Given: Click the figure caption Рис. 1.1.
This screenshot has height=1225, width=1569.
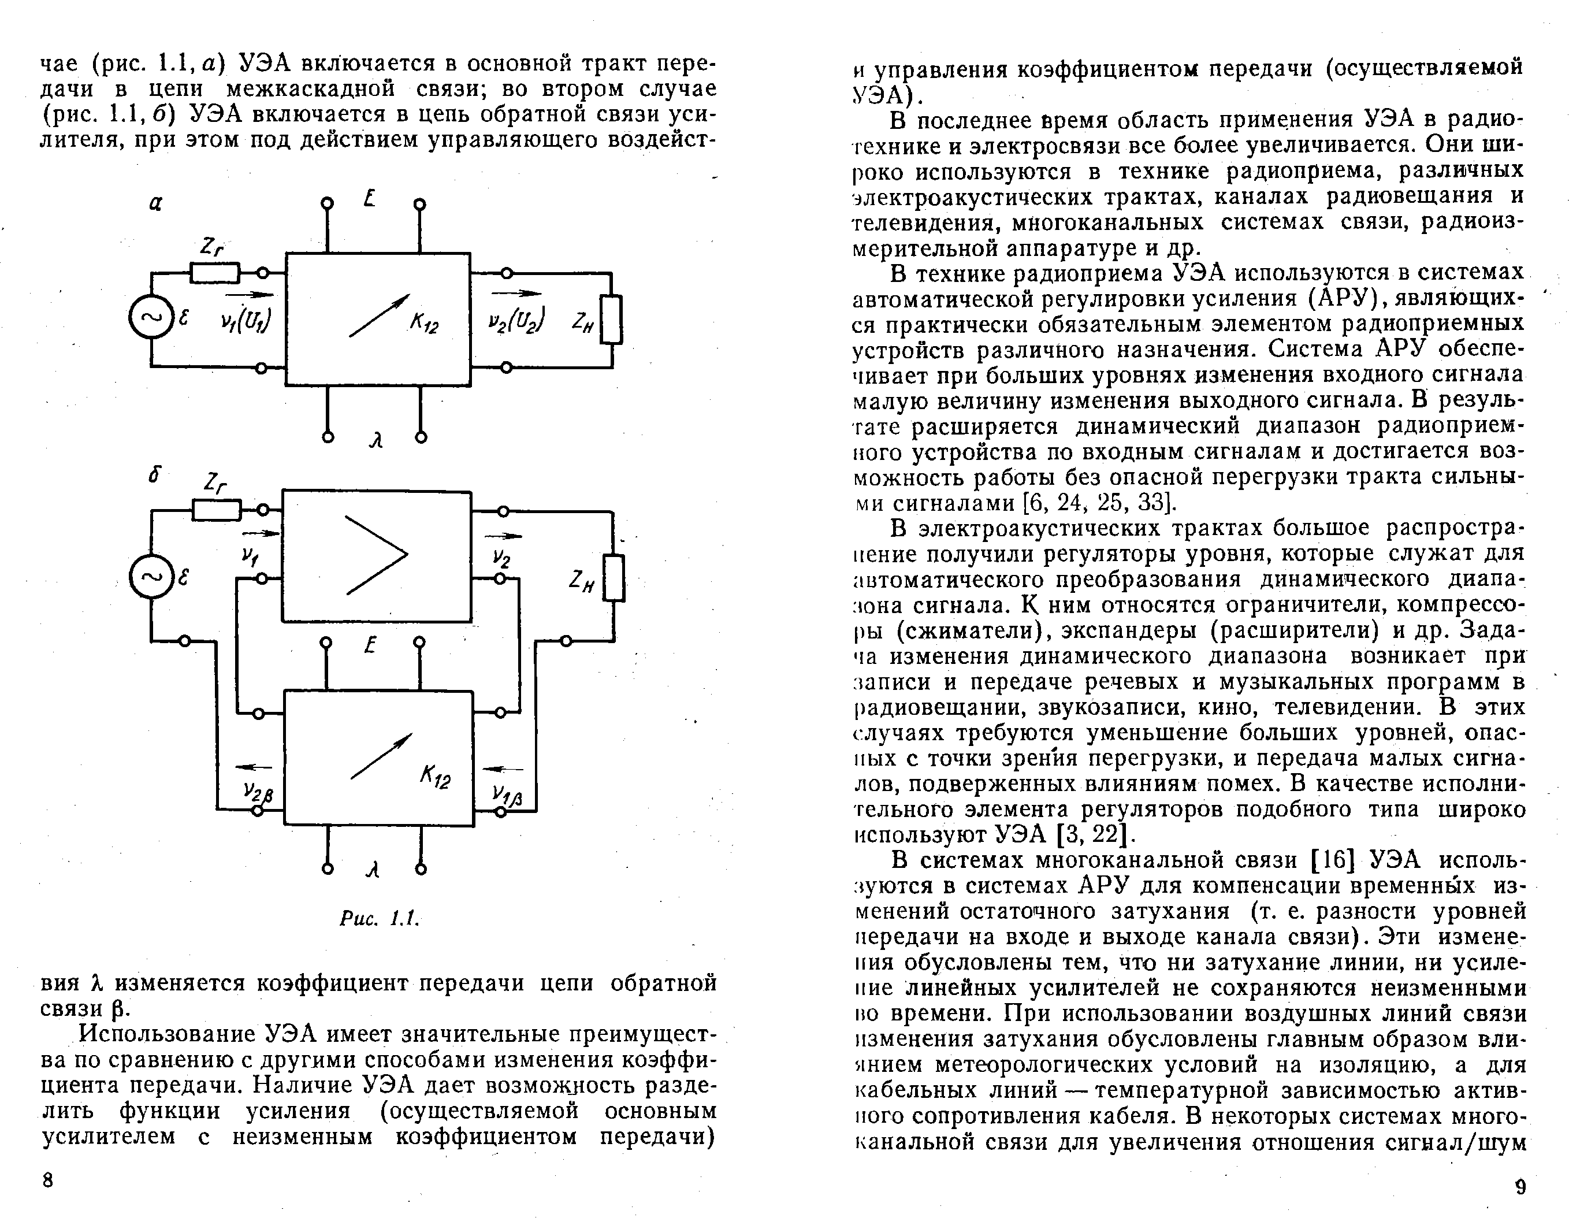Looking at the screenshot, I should (378, 918).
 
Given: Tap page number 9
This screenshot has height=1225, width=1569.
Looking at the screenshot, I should (1519, 1187).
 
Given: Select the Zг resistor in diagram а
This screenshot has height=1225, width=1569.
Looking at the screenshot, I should (215, 273).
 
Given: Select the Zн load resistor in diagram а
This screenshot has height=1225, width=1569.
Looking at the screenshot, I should (611, 319).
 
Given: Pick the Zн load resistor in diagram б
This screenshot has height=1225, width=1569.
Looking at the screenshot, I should (614, 577).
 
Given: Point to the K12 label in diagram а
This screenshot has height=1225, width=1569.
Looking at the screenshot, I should (425, 325).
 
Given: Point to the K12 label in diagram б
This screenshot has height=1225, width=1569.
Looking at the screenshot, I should (434, 777).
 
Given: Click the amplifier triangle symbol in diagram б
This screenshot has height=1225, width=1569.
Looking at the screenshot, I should (375, 555).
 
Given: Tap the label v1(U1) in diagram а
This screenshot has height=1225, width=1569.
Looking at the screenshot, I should (245, 322).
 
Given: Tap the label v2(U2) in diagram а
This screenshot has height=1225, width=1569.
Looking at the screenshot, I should (516, 321).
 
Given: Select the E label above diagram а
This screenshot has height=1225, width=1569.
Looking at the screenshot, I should (370, 198).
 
